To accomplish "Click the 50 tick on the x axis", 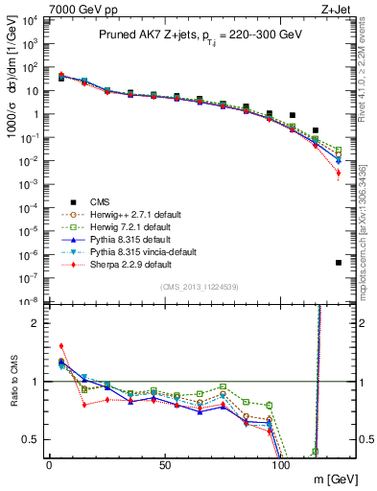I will click(x=165, y=464).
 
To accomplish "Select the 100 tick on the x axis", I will click(x=281, y=464).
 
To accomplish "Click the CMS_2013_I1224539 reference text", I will click(x=199, y=288).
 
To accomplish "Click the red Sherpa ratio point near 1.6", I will click(x=61, y=346).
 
